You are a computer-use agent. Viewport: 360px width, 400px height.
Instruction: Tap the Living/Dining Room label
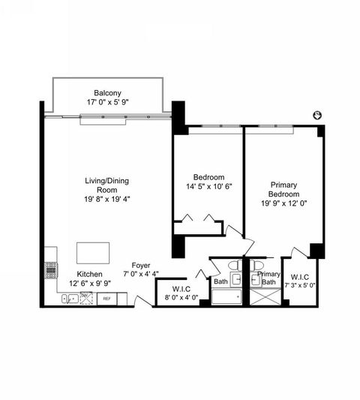tap(110, 185)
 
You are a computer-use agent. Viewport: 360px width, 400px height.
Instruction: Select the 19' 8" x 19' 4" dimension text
tap(110, 199)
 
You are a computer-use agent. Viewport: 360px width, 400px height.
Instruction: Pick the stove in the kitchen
tap(51, 269)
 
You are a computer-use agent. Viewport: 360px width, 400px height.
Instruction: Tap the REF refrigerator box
tap(106, 299)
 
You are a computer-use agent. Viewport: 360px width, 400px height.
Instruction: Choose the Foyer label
tap(141, 265)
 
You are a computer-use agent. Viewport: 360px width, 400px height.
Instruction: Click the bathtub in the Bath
tap(226, 297)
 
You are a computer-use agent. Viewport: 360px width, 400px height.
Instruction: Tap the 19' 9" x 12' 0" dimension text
tap(284, 203)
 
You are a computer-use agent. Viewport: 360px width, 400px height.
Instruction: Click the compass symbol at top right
tap(317, 116)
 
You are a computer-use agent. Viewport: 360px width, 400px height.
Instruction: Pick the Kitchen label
tap(90, 275)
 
